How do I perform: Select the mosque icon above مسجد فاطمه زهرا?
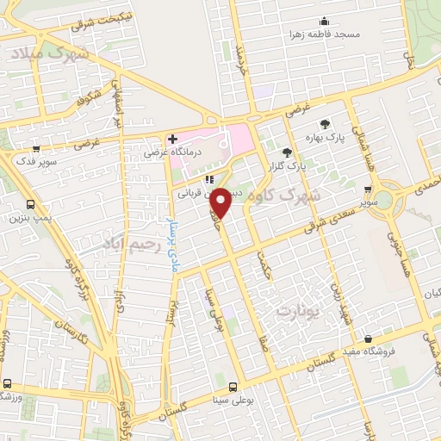click(324, 22)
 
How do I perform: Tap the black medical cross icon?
click(172, 139)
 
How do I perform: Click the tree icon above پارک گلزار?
click(299, 152)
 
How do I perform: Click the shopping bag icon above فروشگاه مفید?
click(369, 339)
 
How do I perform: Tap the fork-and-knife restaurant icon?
click(208, 179)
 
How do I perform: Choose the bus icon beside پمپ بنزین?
click(31, 205)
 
